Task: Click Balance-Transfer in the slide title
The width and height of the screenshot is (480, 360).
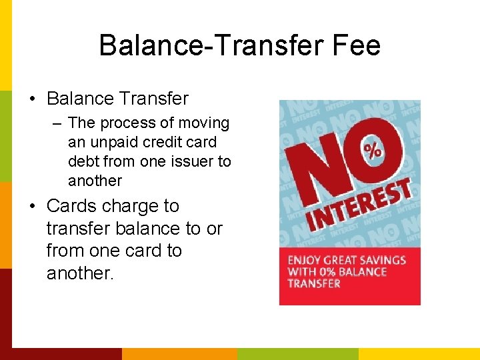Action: (x=213, y=45)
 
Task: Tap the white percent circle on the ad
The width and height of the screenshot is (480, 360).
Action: (x=373, y=150)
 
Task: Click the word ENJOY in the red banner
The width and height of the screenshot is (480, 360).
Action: (x=303, y=260)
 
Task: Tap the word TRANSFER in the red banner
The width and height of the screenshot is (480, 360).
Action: (x=313, y=283)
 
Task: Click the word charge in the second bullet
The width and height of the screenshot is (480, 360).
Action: (x=137, y=205)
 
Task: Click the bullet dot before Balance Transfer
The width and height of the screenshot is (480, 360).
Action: (x=33, y=99)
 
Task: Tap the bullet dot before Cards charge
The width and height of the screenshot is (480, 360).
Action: (x=33, y=206)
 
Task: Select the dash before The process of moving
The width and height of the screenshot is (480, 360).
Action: (x=59, y=123)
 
